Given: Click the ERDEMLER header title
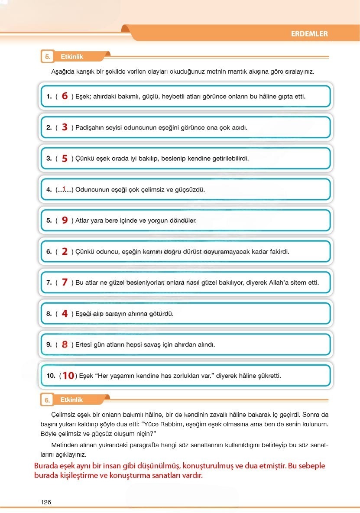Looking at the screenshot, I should point(309,34).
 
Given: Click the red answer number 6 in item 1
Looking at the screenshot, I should point(65,96).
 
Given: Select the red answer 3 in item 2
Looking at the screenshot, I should point(65,127).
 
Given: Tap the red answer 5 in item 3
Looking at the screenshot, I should point(65,159).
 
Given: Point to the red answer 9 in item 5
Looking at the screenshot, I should point(65,221).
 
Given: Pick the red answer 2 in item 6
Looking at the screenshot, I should point(65,252).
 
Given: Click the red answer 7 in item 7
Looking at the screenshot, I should point(65,282).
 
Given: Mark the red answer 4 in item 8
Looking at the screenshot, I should point(65,314).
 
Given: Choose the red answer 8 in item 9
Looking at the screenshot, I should point(65,345).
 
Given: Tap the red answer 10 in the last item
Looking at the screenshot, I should point(68,376).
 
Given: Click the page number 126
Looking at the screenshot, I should point(45,502).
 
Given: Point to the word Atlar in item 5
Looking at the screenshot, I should point(83,221).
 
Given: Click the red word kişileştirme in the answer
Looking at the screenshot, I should point(68,475).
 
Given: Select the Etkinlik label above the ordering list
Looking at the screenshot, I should point(72,57).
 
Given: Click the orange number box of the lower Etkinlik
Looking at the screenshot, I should point(46,400).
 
